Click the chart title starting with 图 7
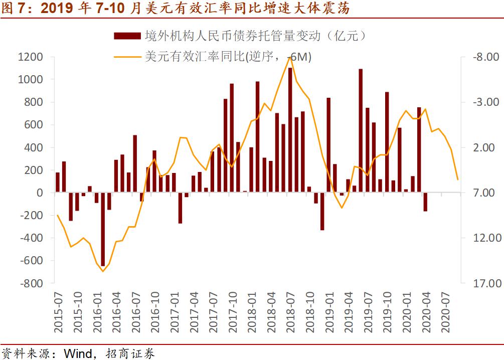(x=176, y=9)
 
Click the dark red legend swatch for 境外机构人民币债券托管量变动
(x=127, y=36)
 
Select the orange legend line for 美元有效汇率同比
(x=127, y=57)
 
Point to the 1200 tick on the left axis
(x=31, y=57)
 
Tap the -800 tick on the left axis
(x=31, y=283)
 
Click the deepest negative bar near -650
(x=103, y=229)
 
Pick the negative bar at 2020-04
(x=425, y=202)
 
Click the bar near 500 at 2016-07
(x=135, y=163)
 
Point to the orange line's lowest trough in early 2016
(x=103, y=271)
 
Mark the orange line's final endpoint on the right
(x=457, y=179)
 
